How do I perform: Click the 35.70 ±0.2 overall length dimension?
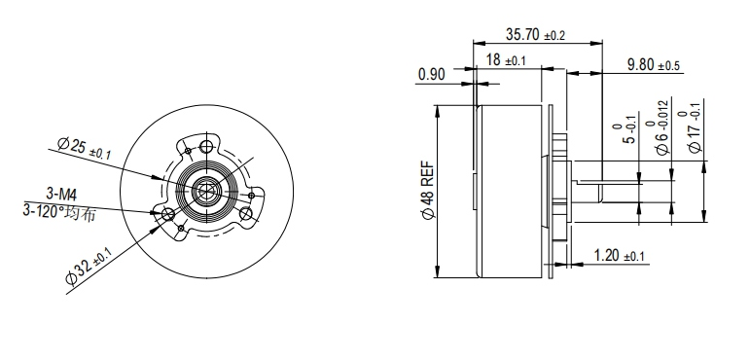coord(535,34)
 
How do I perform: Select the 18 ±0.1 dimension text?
coord(506,60)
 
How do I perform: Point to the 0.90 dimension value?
coord(432,74)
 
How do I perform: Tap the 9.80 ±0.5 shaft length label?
coord(654,64)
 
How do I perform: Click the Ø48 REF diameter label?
coord(428,190)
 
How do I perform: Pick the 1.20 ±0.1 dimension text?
coord(619,256)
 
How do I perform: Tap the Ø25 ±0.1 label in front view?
coord(84,148)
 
